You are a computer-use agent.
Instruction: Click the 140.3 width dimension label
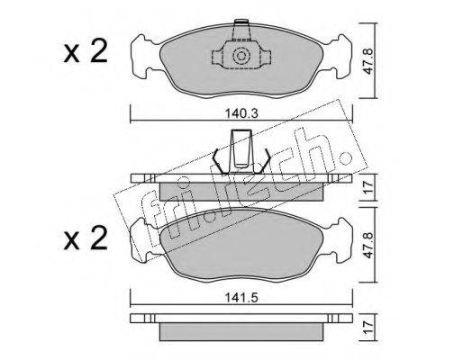tap(241, 113)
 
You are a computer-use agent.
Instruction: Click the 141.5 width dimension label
tap(241, 298)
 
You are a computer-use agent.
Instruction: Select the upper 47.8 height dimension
tap(368, 61)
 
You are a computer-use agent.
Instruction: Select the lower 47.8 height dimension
tap(368, 245)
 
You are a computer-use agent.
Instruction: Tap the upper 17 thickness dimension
tap(368, 187)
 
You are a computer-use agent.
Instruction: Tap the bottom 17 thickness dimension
tap(368, 328)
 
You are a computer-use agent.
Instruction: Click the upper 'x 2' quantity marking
tap(86, 51)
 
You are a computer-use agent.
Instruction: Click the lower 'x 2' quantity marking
tap(86, 238)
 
